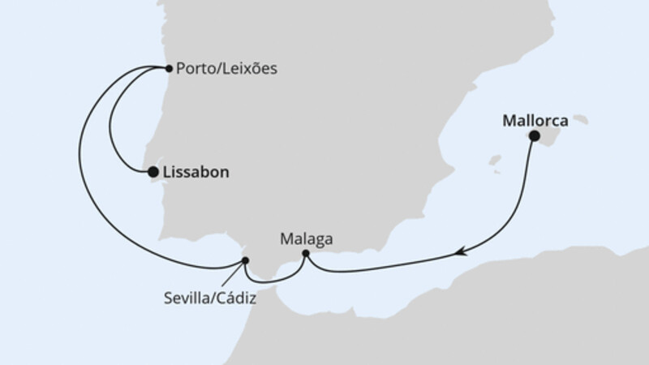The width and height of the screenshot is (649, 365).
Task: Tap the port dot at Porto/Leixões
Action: [x=168, y=68]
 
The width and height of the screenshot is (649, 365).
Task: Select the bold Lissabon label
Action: [x=196, y=173]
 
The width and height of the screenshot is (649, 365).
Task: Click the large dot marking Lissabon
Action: [x=152, y=172]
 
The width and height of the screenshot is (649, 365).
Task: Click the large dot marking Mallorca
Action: [x=534, y=136]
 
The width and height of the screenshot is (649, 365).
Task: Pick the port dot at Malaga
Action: [x=305, y=254]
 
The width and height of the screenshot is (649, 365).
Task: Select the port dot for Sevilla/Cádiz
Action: [x=246, y=260]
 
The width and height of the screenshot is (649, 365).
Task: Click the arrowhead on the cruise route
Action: [x=461, y=253]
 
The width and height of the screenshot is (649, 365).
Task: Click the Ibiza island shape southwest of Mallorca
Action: [x=496, y=161]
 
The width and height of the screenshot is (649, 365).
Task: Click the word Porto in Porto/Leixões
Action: [x=196, y=69]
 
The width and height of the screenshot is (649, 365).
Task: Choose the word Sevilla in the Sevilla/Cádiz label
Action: [x=183, y=298]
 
